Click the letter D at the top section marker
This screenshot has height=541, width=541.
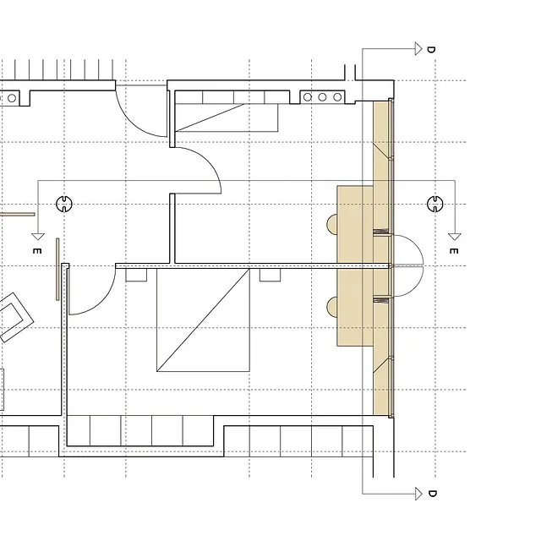431,49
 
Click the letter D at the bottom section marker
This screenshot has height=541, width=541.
432,494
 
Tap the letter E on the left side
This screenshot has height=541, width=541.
37,251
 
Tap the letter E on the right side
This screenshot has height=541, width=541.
454,251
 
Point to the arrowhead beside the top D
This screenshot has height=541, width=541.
418,49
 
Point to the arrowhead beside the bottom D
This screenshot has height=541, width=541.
418,494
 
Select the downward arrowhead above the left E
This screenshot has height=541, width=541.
38,237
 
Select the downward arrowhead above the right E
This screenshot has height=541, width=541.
455,237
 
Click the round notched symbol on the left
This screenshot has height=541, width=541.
64,204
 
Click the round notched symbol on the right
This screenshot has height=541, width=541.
435,204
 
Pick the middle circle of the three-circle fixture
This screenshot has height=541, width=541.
322,97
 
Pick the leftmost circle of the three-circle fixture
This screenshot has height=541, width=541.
308,97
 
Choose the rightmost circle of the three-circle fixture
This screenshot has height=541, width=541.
337,97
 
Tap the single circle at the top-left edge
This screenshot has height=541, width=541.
12,98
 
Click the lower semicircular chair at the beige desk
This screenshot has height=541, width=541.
332,307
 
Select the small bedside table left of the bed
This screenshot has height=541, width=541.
136,276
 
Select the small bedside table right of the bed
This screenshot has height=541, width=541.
270,276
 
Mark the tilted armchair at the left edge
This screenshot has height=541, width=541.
14,317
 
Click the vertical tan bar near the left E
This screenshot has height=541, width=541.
57,269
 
